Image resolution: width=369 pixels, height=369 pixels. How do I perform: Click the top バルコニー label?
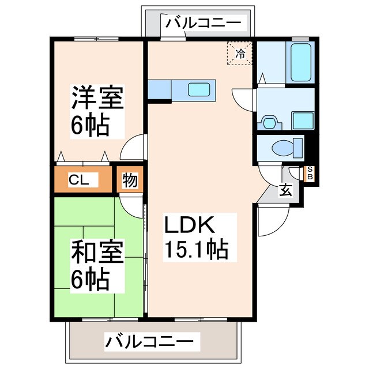tap(203, 24)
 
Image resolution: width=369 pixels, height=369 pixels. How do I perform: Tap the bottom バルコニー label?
tap(149, 341)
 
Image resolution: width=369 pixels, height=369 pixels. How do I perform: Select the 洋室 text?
tap(96, 99)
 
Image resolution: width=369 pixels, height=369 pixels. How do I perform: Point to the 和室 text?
tap(96, 253)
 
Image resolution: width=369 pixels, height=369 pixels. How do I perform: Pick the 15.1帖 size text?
tap(197, 250)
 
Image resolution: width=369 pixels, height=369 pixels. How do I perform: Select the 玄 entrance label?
tap(285, 190)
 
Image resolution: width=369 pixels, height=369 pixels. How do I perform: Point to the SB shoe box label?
tap(310, 173)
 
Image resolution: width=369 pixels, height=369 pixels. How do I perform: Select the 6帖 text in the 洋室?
tap(91, 125)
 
